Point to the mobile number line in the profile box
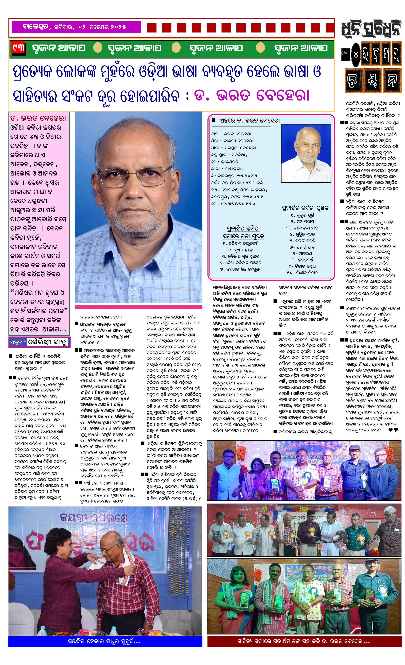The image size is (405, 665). tap(233, 204)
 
